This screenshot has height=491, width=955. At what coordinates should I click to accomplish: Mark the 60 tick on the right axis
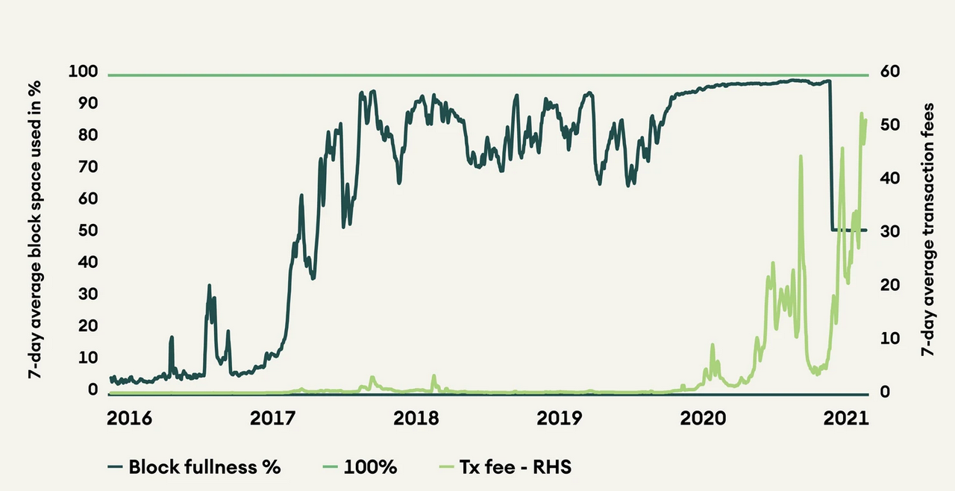(890, 72)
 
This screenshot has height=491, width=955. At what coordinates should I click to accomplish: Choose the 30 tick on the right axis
(890, 231)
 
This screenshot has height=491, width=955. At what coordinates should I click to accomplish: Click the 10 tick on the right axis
(889, 337)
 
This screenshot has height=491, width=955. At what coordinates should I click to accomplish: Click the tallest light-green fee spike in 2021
(861, 114)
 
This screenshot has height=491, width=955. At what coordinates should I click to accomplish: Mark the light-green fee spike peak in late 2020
(801, 157)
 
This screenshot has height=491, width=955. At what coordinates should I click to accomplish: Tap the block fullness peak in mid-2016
(209, 286)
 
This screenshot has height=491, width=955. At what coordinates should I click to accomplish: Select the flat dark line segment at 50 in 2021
(849, 230)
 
